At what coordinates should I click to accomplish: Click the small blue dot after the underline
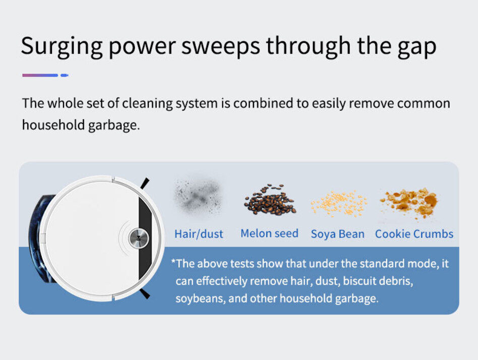click(x=65, y=75)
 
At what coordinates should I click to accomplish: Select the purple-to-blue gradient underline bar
click(x=40, y=75)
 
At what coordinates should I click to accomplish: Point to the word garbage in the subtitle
click(x=114, y=126)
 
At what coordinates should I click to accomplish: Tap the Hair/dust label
click(x=199, y=234)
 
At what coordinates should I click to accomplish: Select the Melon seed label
click(x=269, y=233)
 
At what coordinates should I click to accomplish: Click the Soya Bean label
click(x=337, y=234)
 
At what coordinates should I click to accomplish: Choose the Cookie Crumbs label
click(x=414, y=234)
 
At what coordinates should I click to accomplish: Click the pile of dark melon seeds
click(x=269, y=200)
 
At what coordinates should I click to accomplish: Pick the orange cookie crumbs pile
click(x=409, y=201)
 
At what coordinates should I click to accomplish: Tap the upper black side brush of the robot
click(x=145, y=183)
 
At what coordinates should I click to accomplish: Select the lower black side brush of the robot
click(x=145, y=294)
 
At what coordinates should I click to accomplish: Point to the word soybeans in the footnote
click(x=201, y=298)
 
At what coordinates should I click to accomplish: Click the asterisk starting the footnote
click(x=173, y=261)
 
